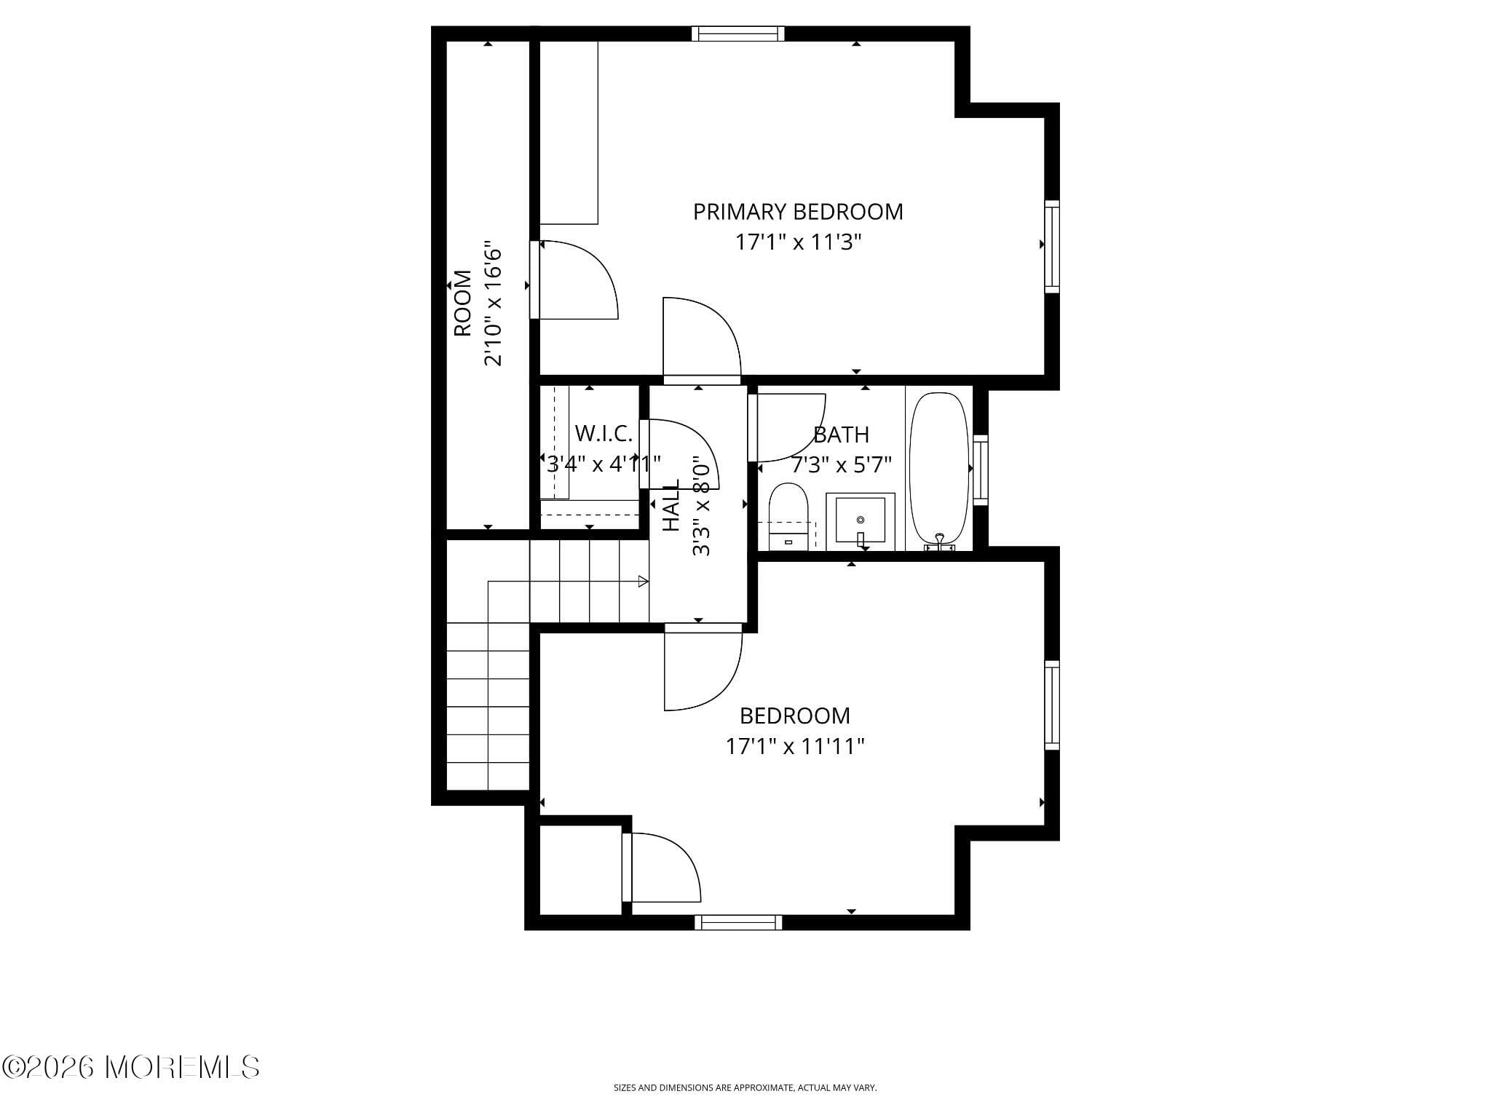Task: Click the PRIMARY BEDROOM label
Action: click(798, 212)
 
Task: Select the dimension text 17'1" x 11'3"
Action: click(798, 242)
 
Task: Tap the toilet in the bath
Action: click(788, 515)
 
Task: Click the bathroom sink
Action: click(860, 520)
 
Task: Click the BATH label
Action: click(841, 435)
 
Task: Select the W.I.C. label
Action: click(604, 434)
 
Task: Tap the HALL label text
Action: click(671, 505)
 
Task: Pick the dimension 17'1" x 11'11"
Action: click(795, 747)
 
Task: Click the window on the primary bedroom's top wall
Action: click(737, 33)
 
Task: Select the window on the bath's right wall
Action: click(980, 470)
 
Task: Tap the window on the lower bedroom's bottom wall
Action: click(738, 923)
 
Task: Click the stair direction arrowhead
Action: click(643, 581)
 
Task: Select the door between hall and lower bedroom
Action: click(703, 666)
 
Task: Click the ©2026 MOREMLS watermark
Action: click(130, 1067)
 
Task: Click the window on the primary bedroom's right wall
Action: click(1052, 247)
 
